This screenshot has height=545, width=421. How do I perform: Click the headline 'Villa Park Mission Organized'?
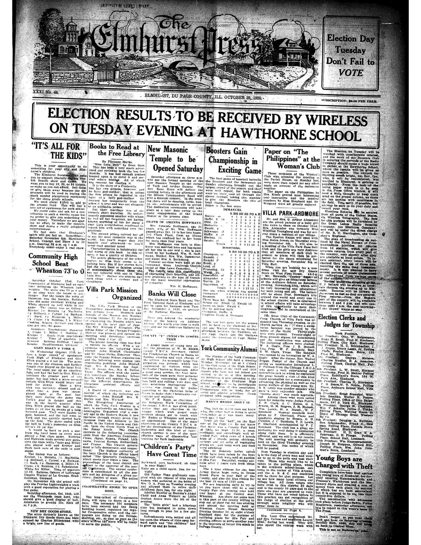112,294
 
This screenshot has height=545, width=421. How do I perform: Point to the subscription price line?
350,101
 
